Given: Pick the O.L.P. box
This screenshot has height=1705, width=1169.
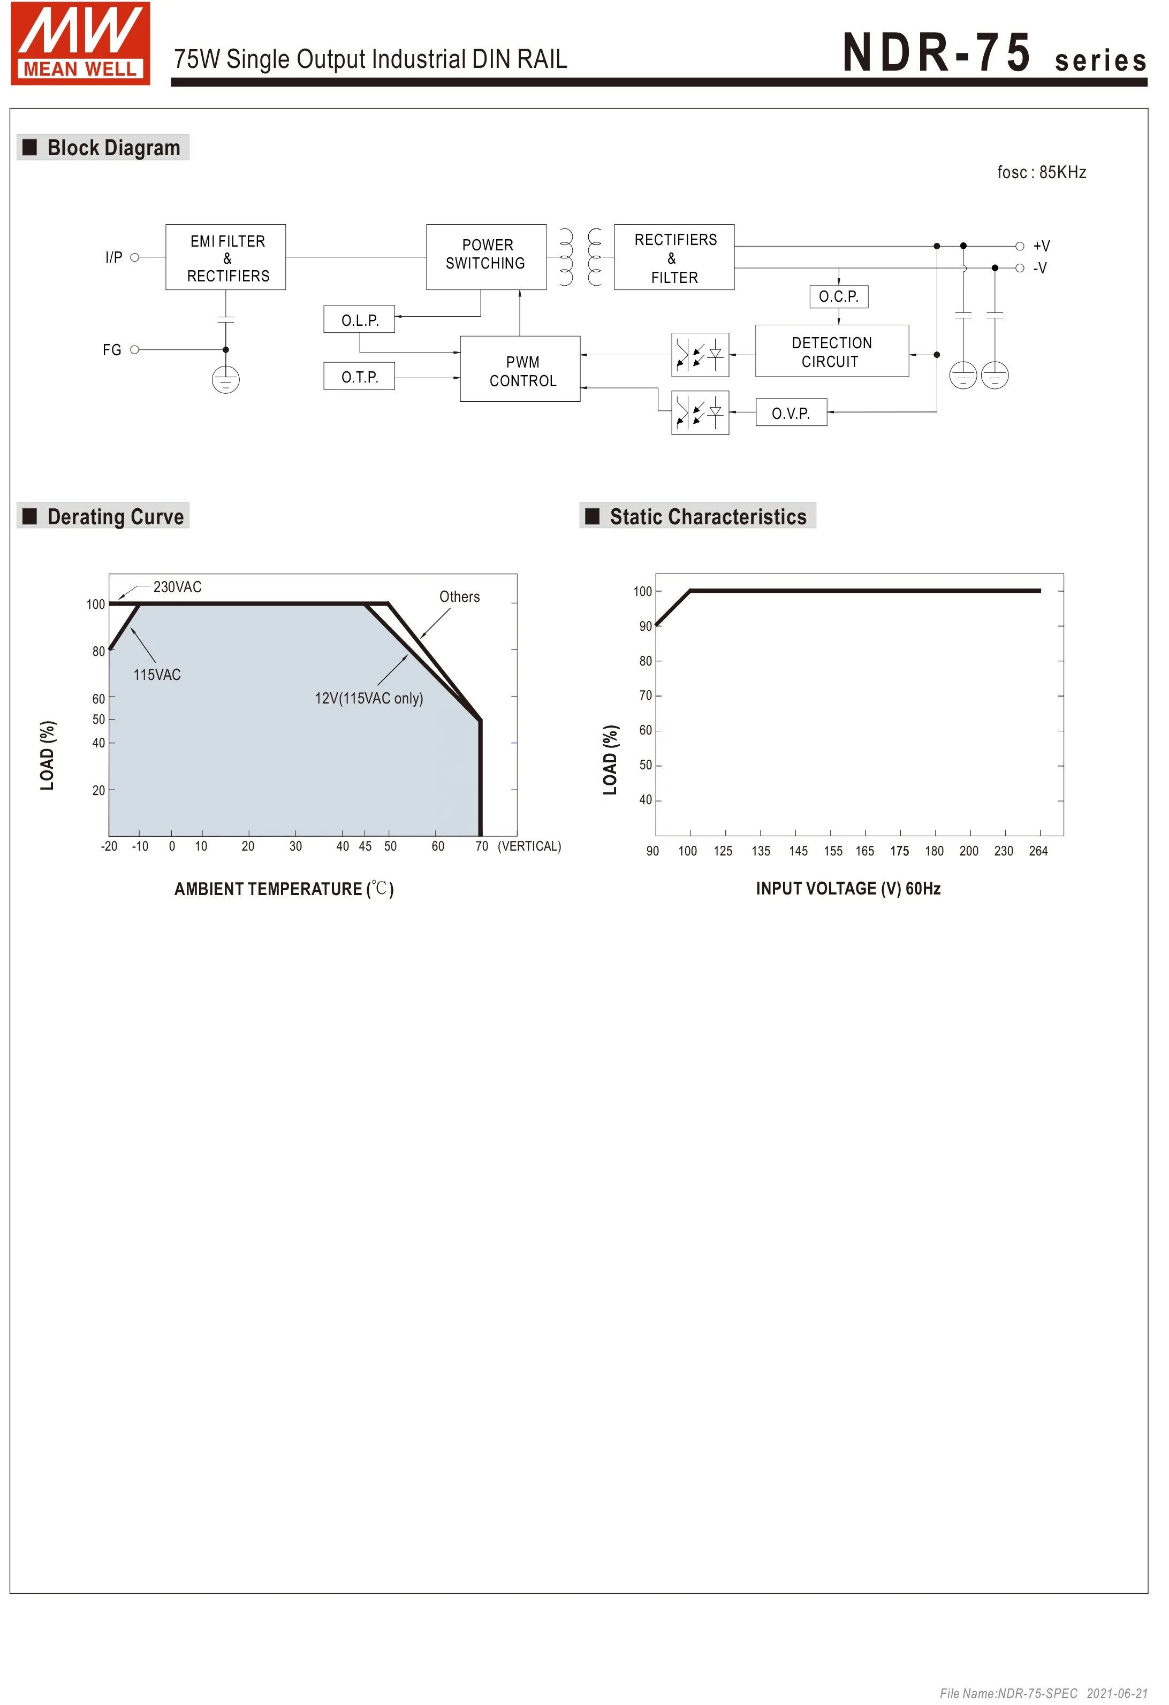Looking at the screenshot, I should coord(360,320).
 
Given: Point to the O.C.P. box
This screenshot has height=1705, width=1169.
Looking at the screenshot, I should coord(839,296).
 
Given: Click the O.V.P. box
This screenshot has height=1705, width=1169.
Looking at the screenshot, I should coord(792,413).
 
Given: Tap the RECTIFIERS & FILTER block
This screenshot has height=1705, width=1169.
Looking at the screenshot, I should coord(675,257).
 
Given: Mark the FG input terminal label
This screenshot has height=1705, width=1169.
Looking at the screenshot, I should coord(111,350).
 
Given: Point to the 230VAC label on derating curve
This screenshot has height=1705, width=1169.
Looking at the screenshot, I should coord(178,587).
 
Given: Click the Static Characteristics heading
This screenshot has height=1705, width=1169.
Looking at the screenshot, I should coord(708,516).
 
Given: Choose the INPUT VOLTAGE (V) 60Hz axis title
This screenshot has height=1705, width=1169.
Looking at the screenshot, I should coord(849,889).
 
